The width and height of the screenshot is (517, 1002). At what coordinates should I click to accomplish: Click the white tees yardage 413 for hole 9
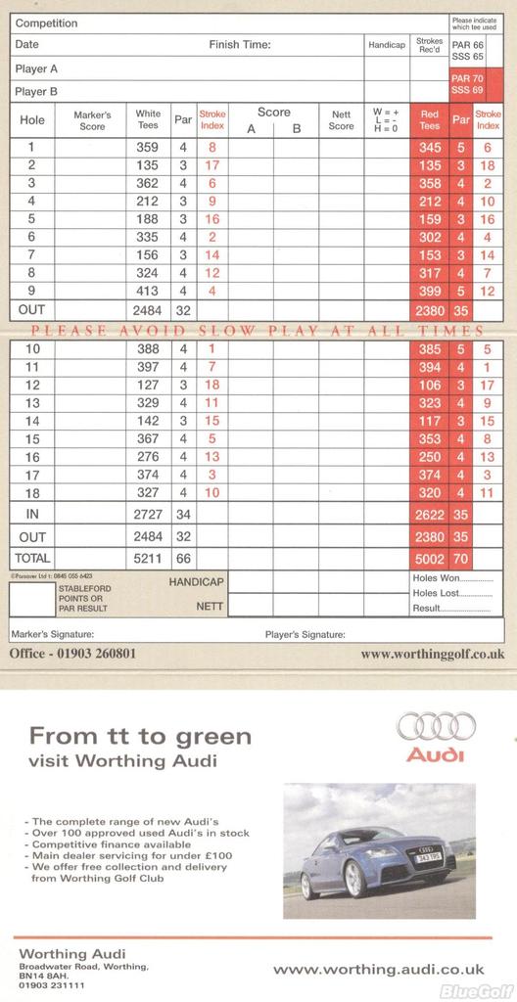click(x=147, y=291)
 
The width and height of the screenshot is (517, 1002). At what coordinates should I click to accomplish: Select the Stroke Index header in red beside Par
click(x=211, y=119)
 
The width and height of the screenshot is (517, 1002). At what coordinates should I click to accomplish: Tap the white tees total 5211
click(x=147, y=557)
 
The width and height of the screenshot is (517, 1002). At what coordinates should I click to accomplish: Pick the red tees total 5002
click(x=429, y=557)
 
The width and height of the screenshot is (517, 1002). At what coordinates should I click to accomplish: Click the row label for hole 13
click(x=32, y=402)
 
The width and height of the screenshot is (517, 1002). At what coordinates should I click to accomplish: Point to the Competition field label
click(x=47, y=23)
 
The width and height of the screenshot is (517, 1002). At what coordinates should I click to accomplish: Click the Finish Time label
click(x=239, y=44)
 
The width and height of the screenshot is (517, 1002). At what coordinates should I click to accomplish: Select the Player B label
click(x=36, y=91)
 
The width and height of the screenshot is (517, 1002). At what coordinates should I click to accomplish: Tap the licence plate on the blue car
click(x=429, y=857)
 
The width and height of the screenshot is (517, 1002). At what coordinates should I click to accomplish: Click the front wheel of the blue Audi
click(x=353, y=879)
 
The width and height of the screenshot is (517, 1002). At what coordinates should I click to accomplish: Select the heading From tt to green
click(x=140, y=736)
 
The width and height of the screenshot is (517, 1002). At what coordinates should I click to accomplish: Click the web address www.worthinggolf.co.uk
click(x=433, y=653)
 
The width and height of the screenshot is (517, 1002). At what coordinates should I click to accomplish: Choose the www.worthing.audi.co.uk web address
click(x=378, y=969)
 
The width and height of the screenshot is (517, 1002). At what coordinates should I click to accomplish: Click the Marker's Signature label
click(x=52, y=634)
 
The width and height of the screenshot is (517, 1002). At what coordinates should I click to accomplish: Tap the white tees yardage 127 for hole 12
click(x=147, y=385)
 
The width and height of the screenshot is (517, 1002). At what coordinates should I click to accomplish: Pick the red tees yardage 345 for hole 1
click(x=429, y=147)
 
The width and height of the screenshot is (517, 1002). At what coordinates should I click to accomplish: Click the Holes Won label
click(x=437, y=577)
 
